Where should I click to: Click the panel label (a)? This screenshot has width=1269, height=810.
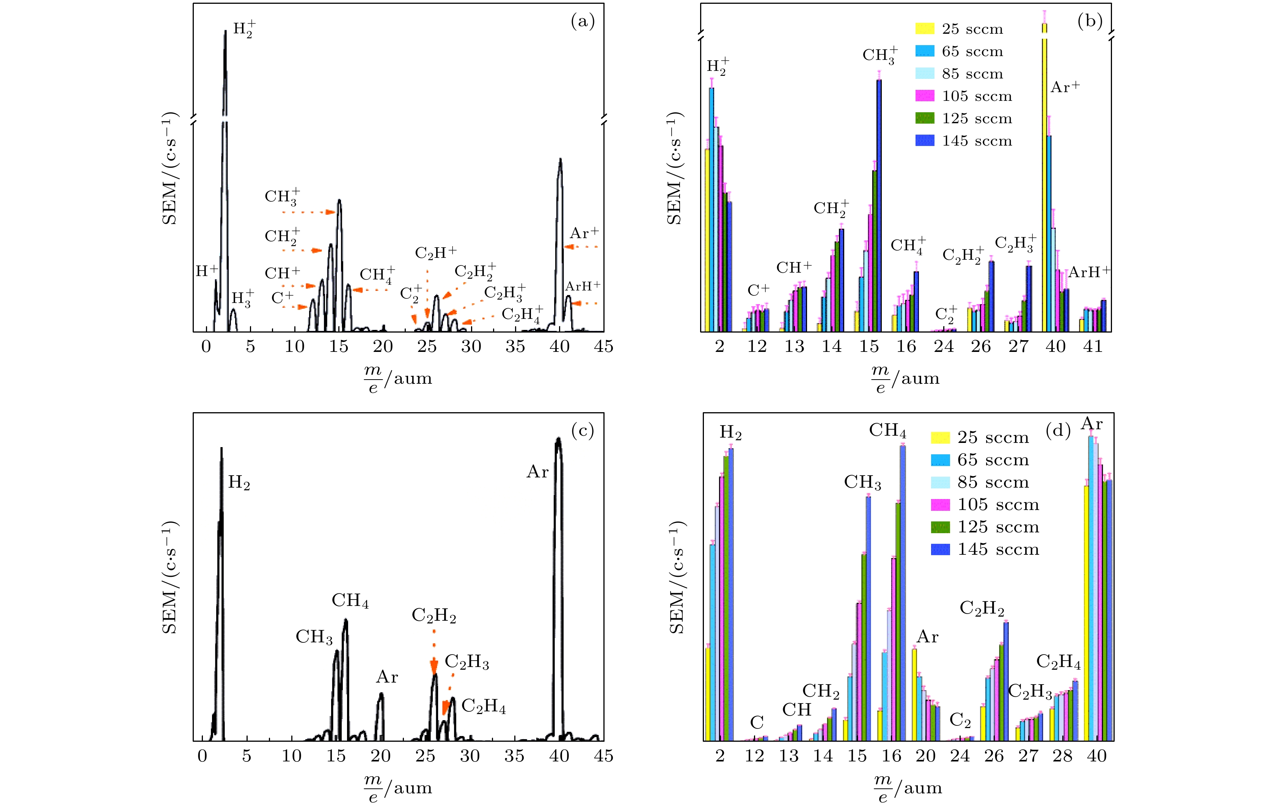point(582,22)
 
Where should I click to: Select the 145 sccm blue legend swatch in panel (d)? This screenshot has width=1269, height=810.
point(940,549)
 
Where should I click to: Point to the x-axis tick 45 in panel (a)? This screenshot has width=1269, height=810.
point(603,346)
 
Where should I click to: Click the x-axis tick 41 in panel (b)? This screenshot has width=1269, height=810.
point(1093,346)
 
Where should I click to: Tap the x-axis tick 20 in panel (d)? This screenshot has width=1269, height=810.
point(925,756)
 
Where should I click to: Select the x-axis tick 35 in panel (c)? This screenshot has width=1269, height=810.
point(514,756)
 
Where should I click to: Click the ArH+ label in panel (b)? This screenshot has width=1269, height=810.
point(1089,272)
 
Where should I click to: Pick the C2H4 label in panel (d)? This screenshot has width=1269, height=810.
point(1058,662)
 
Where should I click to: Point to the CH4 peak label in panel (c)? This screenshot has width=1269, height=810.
point(350,601)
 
